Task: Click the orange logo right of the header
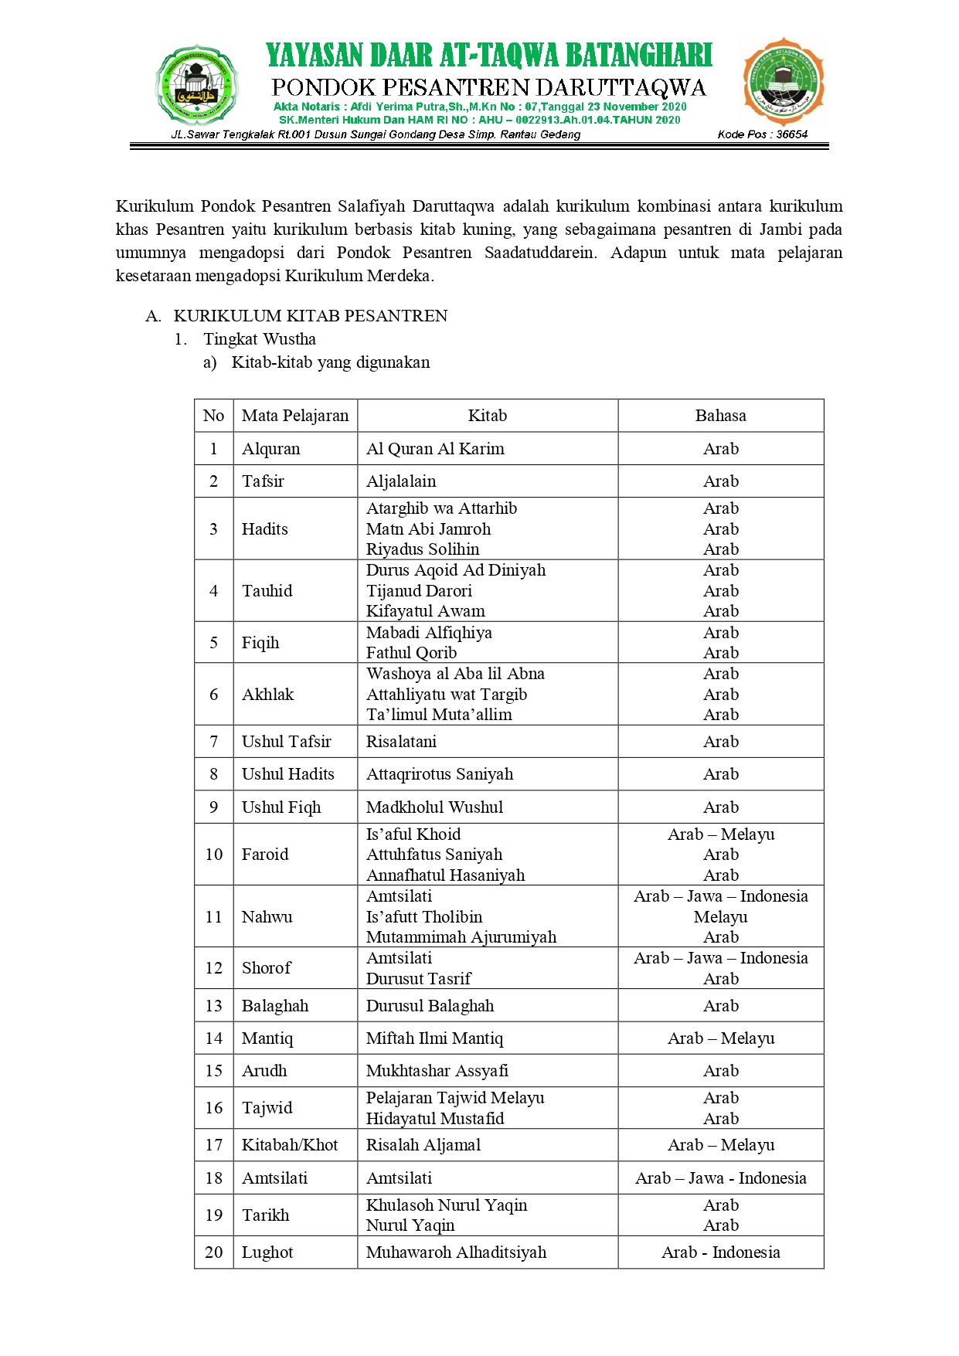tap(783, 82)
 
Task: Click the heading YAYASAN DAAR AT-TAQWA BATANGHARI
tap(488, 56)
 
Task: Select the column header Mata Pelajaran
tap(294, 416)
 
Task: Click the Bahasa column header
tap(720, 416)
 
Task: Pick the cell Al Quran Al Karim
tap(435, 449)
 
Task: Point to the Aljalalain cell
tap(401, 481)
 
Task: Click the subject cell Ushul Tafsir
tap(286, 742)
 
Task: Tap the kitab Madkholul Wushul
tap(434, 807)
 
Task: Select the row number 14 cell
tap(213, 1038)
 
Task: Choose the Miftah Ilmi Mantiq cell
tap(434, 1038)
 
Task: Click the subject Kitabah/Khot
tap(290, 1145)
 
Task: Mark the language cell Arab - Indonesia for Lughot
tap(720, 1252)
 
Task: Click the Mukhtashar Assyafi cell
tap(437, 1071)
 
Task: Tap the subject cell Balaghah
tap(275, 1006)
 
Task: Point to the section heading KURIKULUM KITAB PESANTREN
tap(311, 316)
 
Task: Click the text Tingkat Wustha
tap(260, 339)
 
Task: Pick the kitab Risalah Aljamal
tap(423, 1145)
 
